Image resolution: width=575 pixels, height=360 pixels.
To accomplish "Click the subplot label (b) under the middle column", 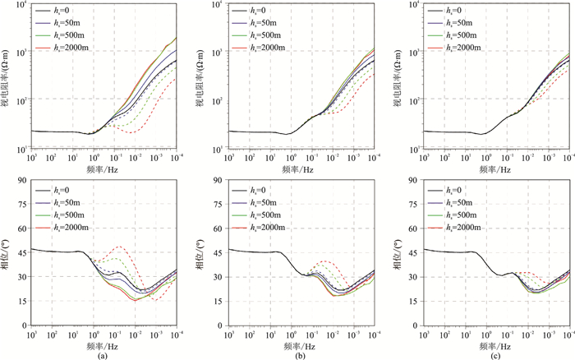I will [x=299, y=354].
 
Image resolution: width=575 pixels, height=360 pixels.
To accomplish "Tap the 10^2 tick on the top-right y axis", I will [x=414, y=100].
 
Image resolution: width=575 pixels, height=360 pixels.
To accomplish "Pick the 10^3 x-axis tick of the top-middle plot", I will [x=230, y=155].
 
